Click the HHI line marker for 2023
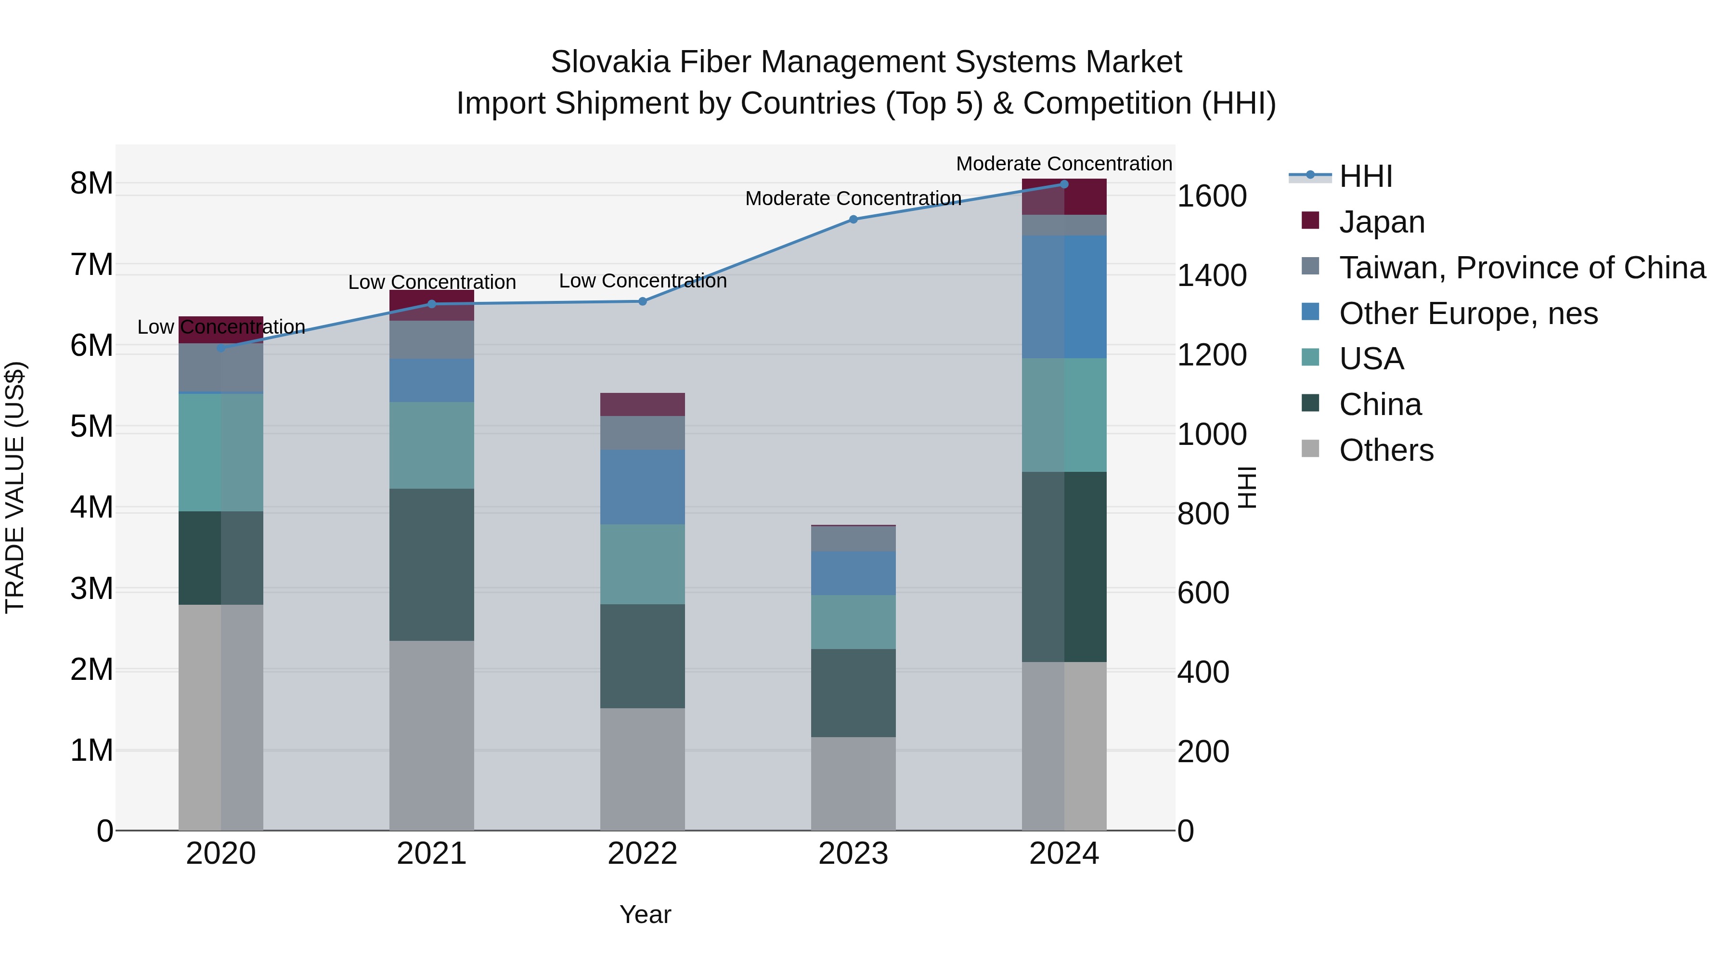coord(853,220)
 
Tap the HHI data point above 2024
coord(1063,184)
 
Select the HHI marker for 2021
coord(432,304)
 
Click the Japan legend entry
coord(1381,222)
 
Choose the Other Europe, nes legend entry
coord(1467,313)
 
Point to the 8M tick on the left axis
coord(91,183)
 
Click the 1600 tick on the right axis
coord(1212,196)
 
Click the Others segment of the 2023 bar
coord(853,783)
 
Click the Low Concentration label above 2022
coord(643,281)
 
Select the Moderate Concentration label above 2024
coord(1063,164)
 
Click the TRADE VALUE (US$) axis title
coord(15,487)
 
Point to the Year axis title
coord(645,914)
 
